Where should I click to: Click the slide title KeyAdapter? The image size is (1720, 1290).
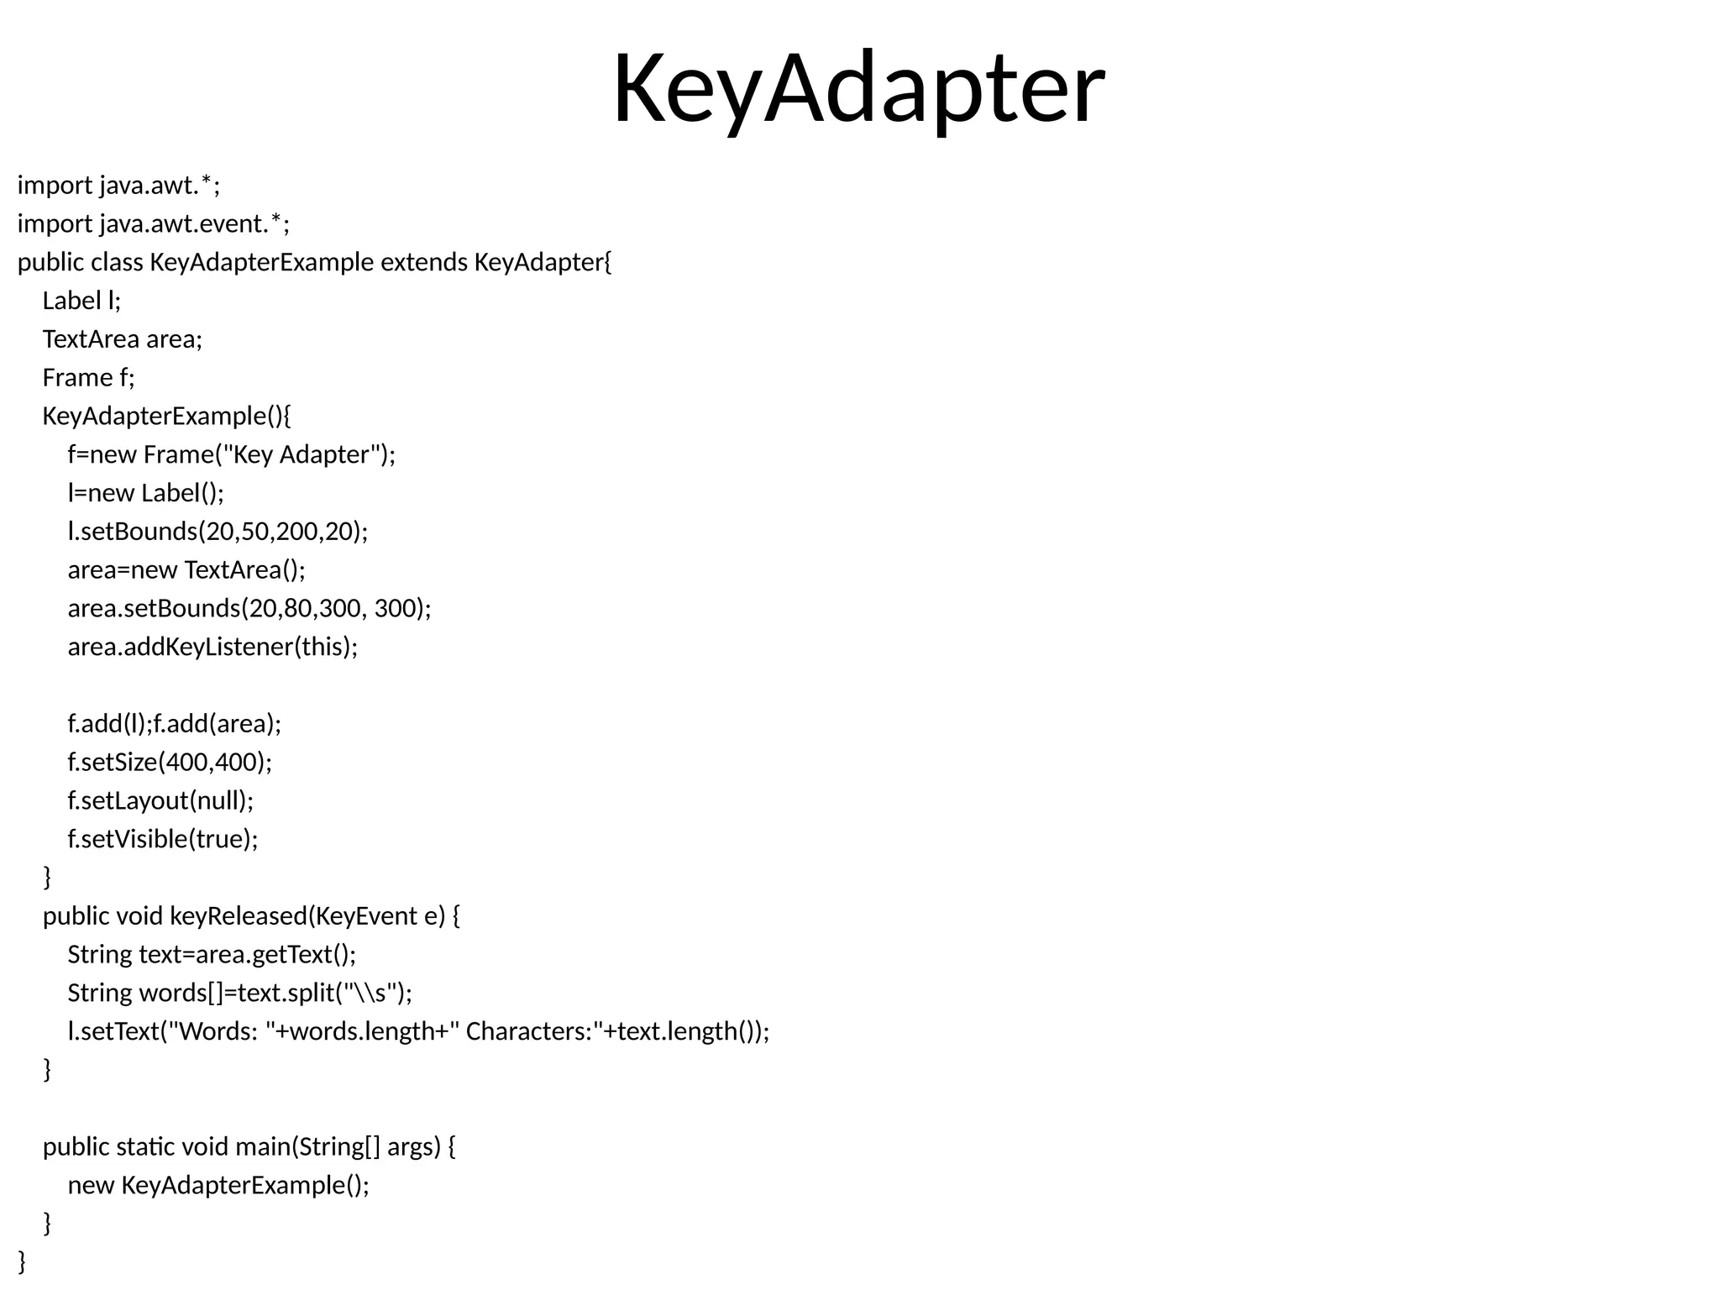pyautogui.click(x=858, y=89)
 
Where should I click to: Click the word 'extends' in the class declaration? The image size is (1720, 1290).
pyautogui.click(x=423, y=263)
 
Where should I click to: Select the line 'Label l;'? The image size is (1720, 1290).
pyautogui.click(x=81, y=301)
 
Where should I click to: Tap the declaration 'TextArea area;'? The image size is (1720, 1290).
pyautogui.click(x=123, y=339)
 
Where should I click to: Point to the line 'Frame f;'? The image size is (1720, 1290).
pyautogui.click(x=88, y=378)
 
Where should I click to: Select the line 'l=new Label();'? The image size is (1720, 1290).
pyautogui.click(x=146, y=493)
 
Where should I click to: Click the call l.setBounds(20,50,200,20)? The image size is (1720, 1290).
pyautogui.click(x=218, y=532)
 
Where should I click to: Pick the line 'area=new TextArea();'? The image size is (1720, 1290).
pyautogui.click(x=186, y=570)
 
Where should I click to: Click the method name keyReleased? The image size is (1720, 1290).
pyautogui.click(x=239, y=915)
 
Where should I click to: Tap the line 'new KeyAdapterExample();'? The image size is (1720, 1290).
pyautogui.click(x=218, y=1185)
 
